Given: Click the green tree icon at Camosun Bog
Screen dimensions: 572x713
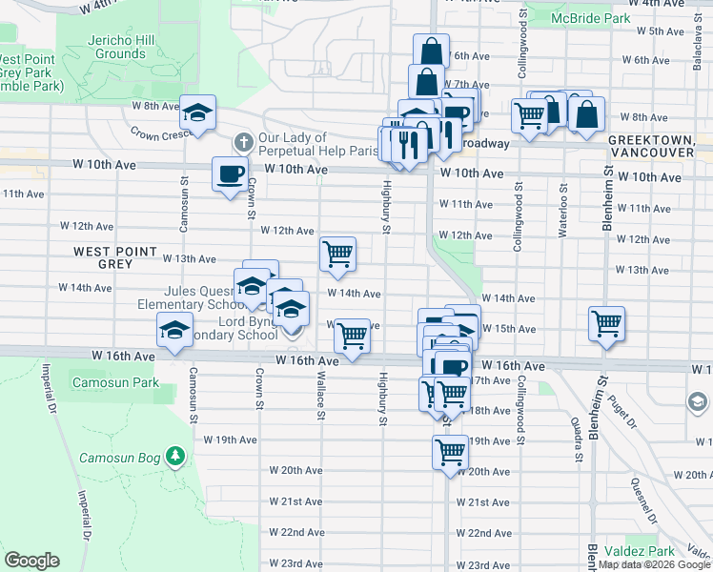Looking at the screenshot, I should click(x=174, y=457).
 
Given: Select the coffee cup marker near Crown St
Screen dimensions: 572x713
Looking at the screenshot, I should click(x=229, y=174).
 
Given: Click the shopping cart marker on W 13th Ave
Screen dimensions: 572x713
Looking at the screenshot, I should click(x=337, y=254).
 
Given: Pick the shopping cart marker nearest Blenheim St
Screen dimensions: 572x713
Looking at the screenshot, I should click(x=606, y=323).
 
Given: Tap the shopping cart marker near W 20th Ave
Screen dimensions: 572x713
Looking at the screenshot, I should click(x=450, y=451).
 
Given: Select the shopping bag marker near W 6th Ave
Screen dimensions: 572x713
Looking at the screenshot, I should click(x=431, y=51).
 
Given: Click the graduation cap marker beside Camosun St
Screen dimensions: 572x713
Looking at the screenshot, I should click(x=175, y=331).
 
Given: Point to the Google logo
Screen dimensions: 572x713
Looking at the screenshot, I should click(x=31, y=561).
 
